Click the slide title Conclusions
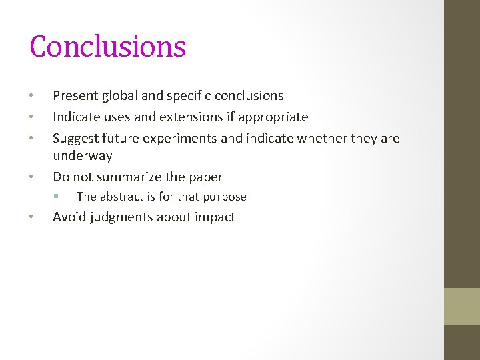(x=107, y=47)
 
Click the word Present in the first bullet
(x=76, y=96)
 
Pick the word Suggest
(x=75, y=139)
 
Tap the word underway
(x=83, y=156)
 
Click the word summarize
(x=127, y=177)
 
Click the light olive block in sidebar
(x=462, y=306)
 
